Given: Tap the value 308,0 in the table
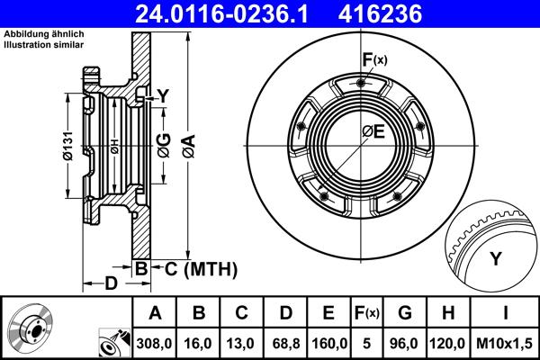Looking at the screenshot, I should (x=155, y=341).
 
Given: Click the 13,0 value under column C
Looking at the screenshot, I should (x=240, y=341).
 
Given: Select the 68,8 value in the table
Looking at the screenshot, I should (x=284, y=341).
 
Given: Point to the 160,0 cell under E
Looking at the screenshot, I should (x=328, y=341).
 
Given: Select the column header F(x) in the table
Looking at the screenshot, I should (x=369, y=313).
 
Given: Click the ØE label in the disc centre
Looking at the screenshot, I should (x=373, y=132).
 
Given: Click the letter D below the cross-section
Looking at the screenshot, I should (x=111, y=285).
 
